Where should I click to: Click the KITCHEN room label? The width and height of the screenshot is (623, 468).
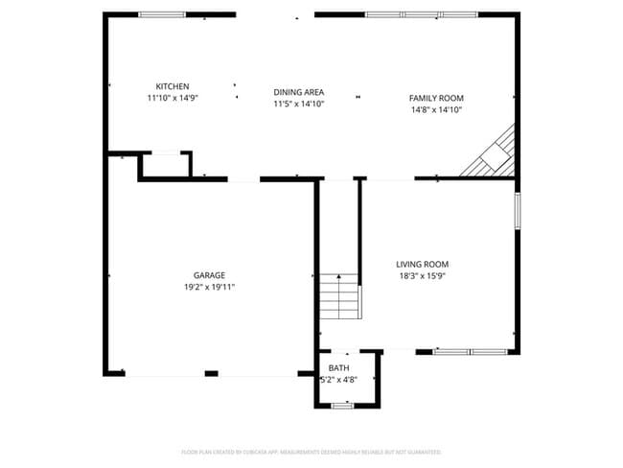pos(173,86)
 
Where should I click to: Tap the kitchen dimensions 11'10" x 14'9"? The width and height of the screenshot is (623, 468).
pos(173,98)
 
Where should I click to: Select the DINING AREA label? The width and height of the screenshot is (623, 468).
pos(298,92)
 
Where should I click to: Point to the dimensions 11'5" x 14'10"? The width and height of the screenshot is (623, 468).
pos(298,104)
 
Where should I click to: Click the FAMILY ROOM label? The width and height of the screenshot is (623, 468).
pos(436,98)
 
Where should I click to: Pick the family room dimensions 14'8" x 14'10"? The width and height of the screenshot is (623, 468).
pos(436,109)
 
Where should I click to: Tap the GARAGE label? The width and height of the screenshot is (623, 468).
pos(209,275)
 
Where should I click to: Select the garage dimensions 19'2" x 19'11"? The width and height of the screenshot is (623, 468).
pos(209,287)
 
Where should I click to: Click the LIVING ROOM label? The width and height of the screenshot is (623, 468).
pos(422,264)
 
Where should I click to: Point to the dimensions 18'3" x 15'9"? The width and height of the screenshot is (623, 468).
pos(422,275)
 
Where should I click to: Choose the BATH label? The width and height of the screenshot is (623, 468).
pos(339,368)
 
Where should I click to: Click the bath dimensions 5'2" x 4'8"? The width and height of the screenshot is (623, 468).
pos(339,380)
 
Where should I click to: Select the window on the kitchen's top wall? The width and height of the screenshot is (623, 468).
pos(162,14)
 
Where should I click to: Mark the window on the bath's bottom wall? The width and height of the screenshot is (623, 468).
pos(342,406)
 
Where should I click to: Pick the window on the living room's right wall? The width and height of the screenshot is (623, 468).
pos(518,211)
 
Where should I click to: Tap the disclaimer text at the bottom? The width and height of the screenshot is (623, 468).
pos(311,451)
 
